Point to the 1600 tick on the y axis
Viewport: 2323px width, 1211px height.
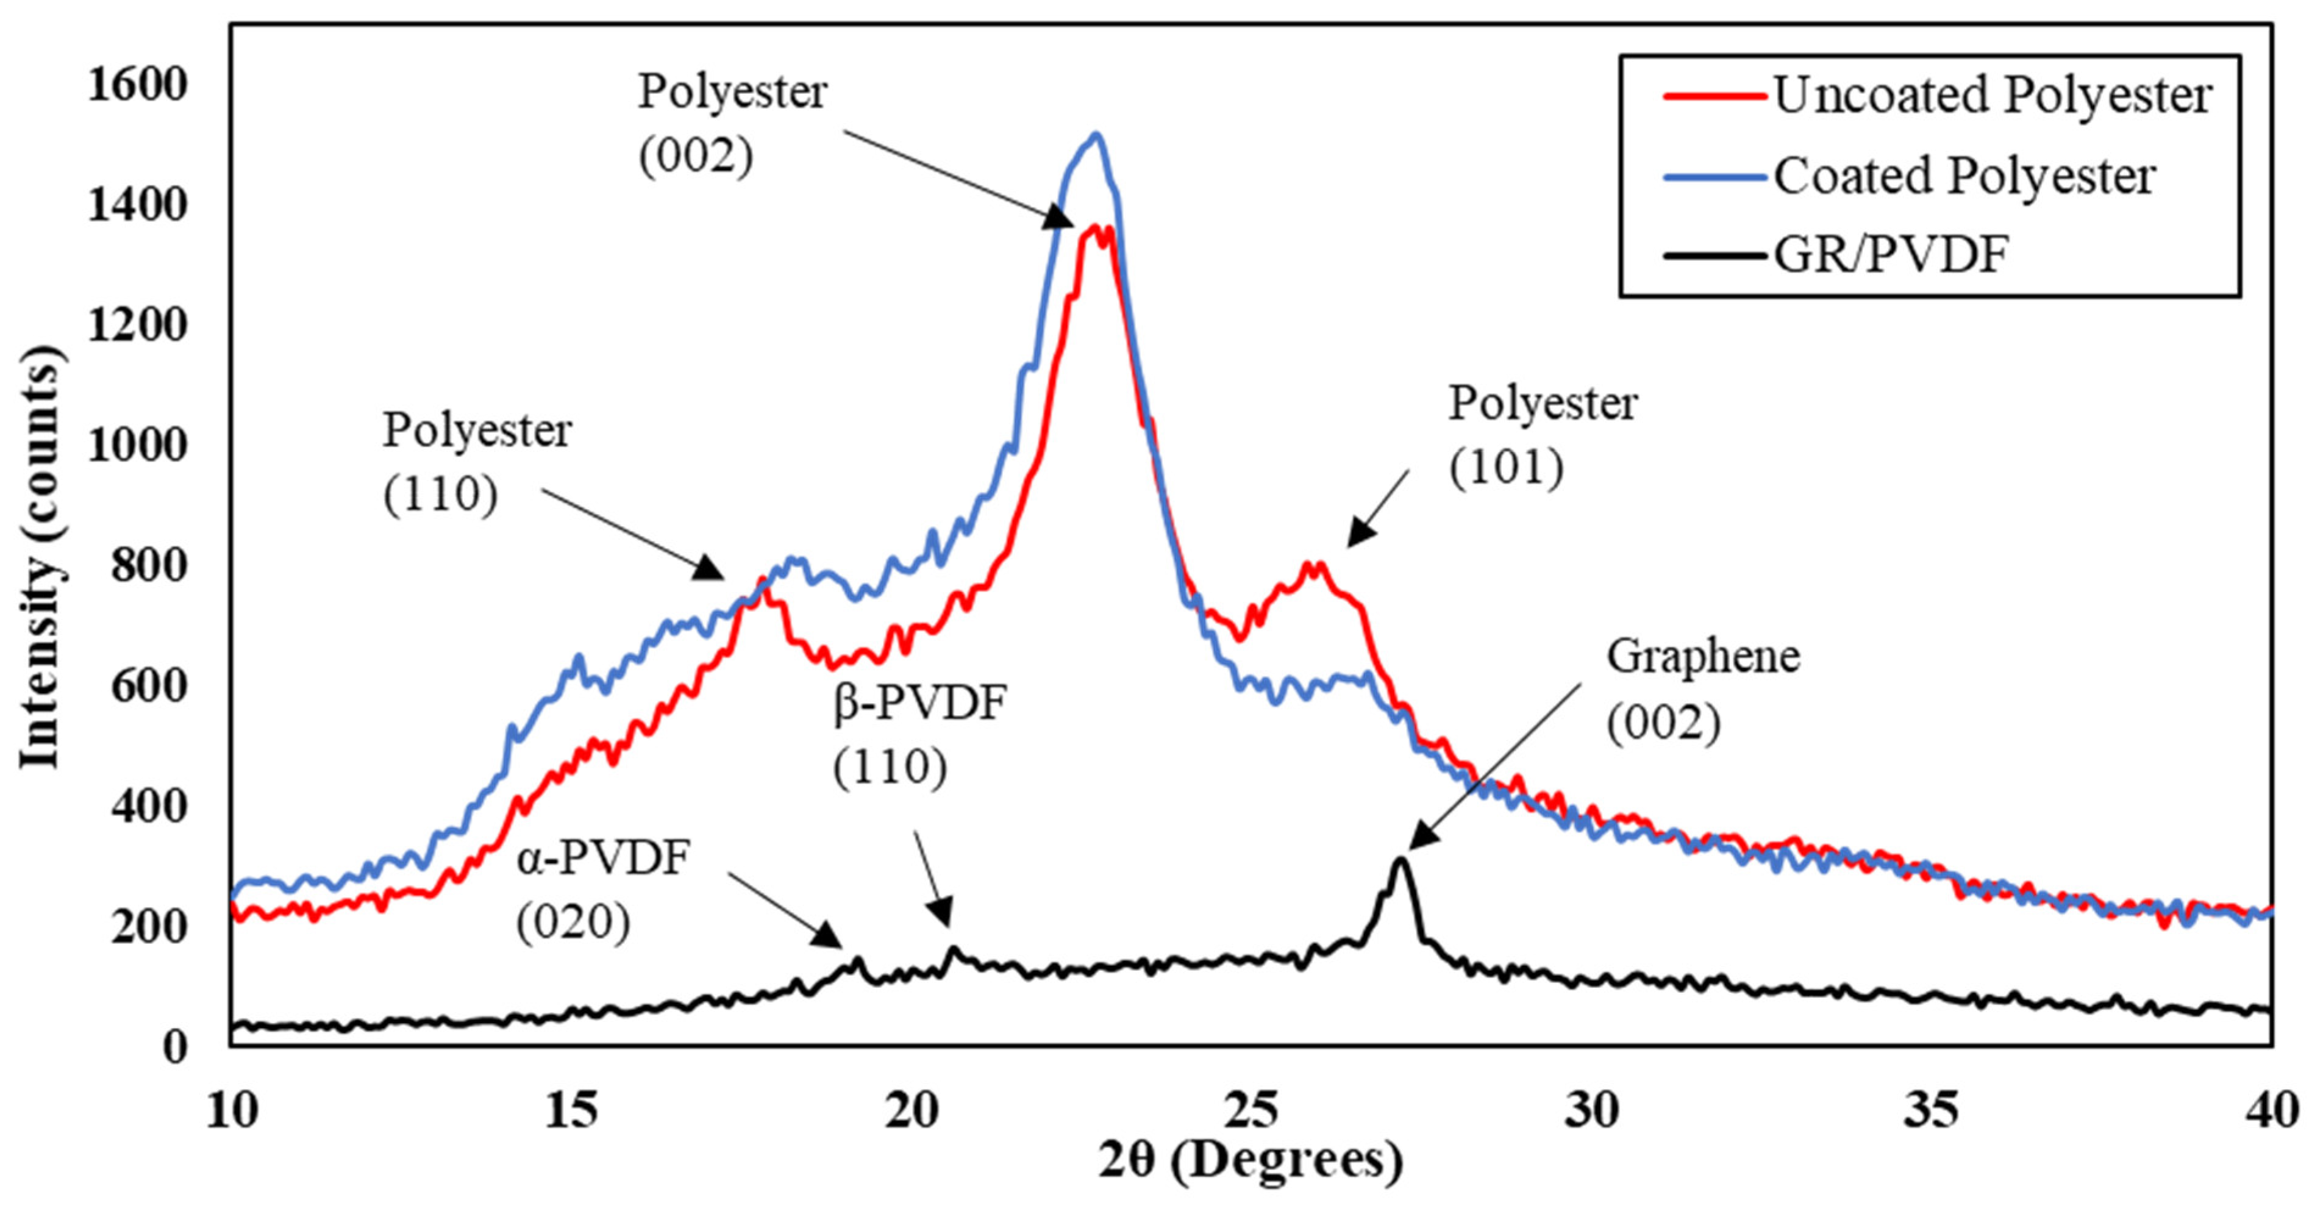[x=137, y=85]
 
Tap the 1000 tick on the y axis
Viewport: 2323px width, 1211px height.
[x=137, y=446]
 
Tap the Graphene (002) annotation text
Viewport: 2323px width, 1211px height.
[x=1702, y=690]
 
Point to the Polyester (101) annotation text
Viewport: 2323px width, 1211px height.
[x=1542, y=435]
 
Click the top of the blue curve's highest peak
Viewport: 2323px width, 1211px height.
[x=1096, y=135]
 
